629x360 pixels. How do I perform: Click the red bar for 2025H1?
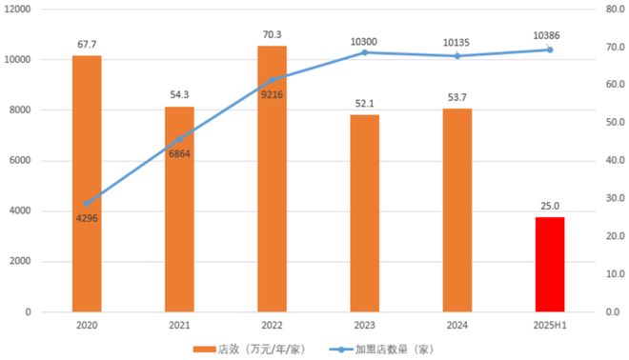point(550,264)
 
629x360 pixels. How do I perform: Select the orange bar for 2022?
point(272,178)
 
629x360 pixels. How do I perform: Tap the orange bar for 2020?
point(87,183)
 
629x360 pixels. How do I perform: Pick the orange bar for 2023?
point(364,212)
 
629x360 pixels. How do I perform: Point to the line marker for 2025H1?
point(550,50)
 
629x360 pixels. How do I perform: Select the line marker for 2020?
point(87,203)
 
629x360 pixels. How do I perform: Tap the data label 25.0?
point(550,205)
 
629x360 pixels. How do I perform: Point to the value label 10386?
point(550,35)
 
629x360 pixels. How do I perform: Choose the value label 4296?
point(87,218)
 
